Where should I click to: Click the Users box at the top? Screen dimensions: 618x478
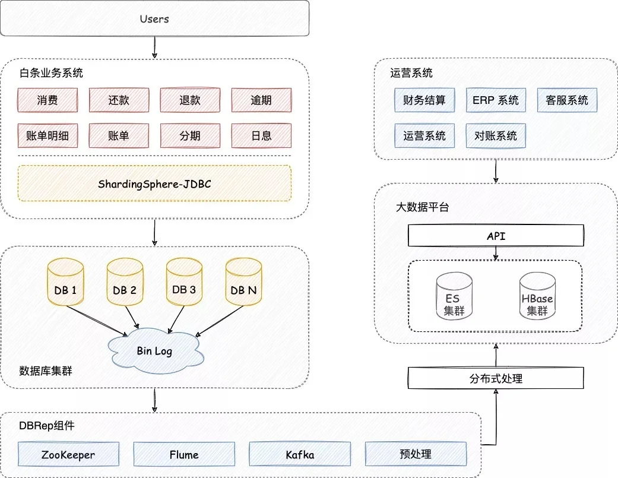[154, 18]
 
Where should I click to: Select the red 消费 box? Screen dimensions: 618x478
[47, 100]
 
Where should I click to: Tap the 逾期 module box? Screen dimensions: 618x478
[261, 100]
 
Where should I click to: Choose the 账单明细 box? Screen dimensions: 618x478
[47, 135]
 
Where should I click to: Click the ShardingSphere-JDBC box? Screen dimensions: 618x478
[154, 183]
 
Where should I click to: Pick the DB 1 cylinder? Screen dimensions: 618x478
[65, 282]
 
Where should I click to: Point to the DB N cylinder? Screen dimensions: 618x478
[243, 282]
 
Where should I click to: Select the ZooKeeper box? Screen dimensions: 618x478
[68, 454]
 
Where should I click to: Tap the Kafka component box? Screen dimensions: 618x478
[300, 454]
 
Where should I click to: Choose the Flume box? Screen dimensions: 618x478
[184, 454]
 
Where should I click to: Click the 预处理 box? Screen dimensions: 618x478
[416, 454]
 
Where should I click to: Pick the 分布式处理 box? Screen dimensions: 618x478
[496, 378]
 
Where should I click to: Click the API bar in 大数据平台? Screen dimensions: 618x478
[496, 236]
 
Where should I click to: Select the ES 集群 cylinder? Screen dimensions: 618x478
[454, 296]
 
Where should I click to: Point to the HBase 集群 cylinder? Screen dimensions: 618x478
[537, 296]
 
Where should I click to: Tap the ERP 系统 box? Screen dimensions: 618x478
[496, 100]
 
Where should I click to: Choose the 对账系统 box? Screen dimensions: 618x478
[496, 135]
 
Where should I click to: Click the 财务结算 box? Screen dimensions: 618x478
[424, 100]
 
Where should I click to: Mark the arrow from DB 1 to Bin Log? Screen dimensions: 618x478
[97, 321]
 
